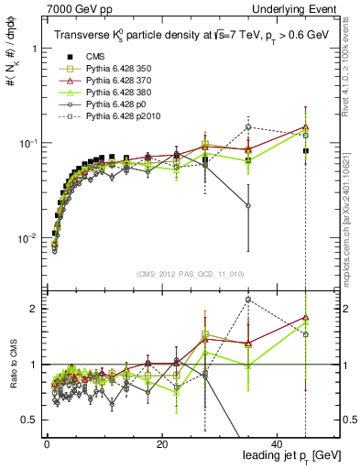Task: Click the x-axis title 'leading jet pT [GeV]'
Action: pyautogui.click(x=289, y=455)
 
